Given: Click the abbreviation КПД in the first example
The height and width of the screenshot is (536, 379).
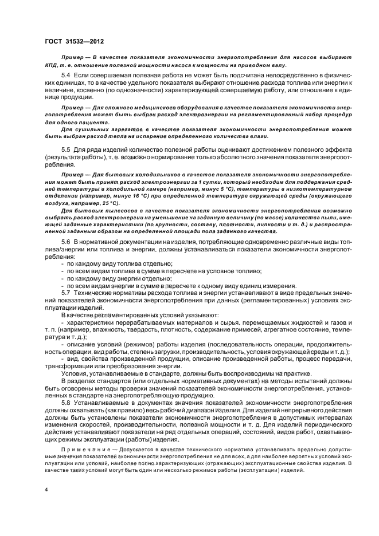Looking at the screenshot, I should tap(52, 65).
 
